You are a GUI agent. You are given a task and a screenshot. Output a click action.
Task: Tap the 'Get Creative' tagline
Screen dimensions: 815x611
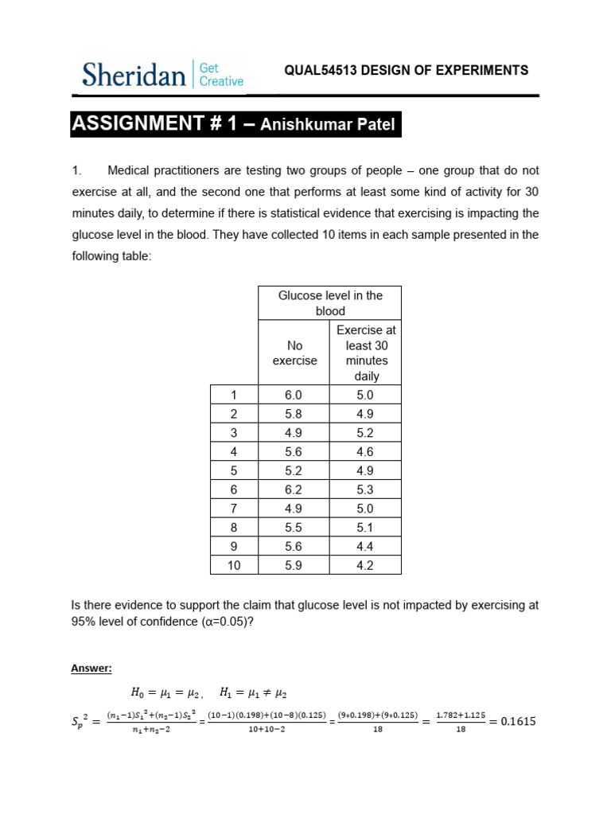click(221, 75)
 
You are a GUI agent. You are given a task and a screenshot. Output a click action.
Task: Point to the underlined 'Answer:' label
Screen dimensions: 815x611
click(92, 669)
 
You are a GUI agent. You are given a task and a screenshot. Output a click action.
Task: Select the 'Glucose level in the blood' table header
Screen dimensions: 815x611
click(329, 303)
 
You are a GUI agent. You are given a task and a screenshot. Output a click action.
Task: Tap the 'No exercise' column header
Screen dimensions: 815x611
click(294, 353)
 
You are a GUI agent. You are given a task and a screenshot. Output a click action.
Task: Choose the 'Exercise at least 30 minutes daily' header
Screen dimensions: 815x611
click(366, 353)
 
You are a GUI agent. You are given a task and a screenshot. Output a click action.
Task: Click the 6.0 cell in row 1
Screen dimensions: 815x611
click(294, 395)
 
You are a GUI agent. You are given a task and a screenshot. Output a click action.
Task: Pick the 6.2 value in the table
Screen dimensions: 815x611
click(294, 489)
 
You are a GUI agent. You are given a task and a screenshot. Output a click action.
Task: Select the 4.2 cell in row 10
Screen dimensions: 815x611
click(366, 565)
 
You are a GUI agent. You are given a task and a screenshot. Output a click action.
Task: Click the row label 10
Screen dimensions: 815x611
click(233, 565)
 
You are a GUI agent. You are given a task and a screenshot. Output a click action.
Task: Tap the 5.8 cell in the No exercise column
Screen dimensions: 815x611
click(294, 414)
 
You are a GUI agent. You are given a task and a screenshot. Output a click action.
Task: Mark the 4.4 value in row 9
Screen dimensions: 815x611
click(366, 546)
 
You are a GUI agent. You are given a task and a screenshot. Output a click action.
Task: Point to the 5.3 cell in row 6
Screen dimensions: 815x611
click(366, 489)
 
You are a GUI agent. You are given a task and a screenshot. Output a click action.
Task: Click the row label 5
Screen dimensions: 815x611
click(233, 470)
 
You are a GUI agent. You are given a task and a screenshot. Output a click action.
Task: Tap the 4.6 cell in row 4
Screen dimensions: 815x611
click(366, 451)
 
